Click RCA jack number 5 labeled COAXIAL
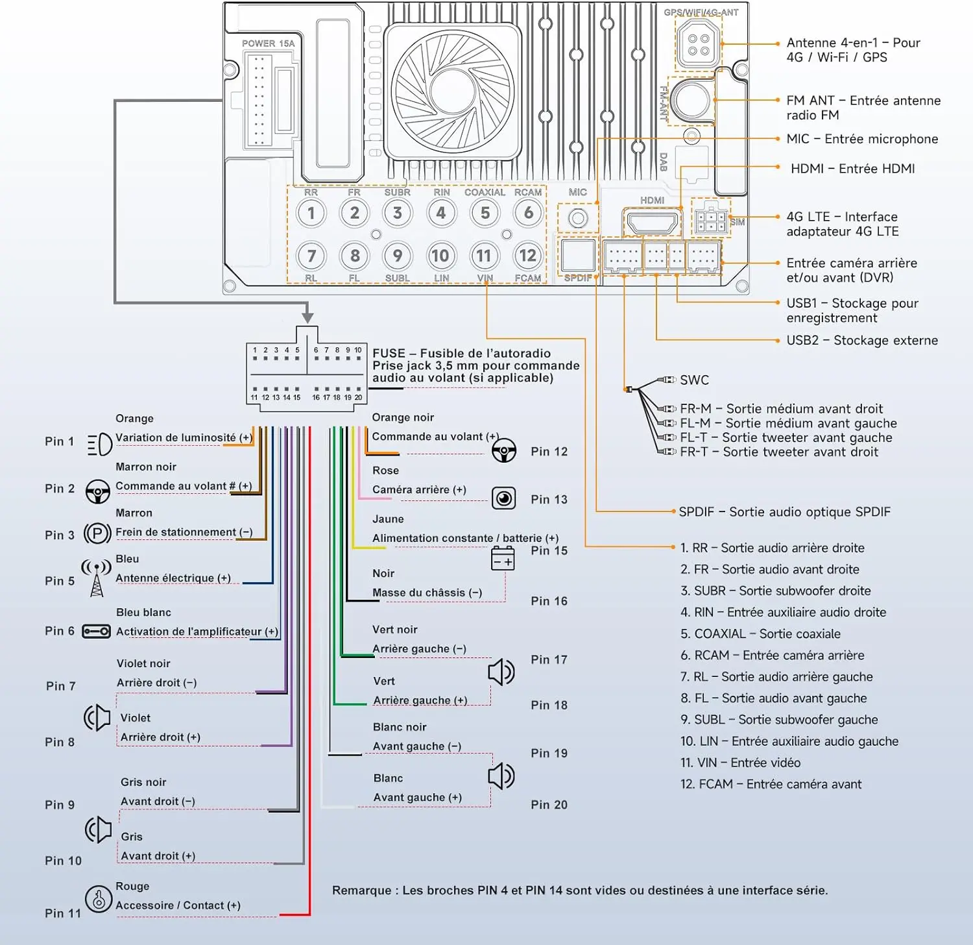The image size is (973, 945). [485, 213]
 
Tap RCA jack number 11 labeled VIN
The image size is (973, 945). [484, 256]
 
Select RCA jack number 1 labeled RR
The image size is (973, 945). [311, 213]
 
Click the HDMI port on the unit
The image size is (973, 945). [652, 222]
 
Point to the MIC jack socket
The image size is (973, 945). [578, 219]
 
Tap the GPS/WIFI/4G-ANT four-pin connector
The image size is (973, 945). [698, 44]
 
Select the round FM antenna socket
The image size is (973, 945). [692, 99]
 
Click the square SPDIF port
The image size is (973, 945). [578, 255]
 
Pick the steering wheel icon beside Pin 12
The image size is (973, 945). [503, 450]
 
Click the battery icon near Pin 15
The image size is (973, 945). [503, 558]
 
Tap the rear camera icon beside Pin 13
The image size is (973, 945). [503, 498]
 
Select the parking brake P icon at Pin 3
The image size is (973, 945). [97, 534]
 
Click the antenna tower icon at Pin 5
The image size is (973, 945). [96, 578]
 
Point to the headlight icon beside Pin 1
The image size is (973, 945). [99, 445]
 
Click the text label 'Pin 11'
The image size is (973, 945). [63, 913]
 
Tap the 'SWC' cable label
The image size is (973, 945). [694, 380]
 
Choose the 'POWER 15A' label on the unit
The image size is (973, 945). [268, 43]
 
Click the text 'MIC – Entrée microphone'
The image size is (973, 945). [862, 139]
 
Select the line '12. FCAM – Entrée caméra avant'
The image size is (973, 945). [771, 784]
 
